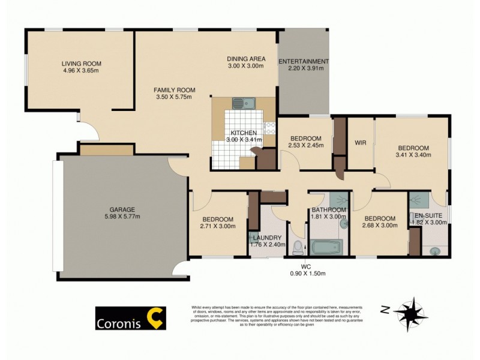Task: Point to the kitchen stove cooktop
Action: tap(269, 127)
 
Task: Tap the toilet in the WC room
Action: tap(298, 247)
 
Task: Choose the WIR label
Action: tap(361, 143)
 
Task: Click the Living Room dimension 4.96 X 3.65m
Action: tap(81, 70)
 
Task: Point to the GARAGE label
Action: tap(121, 210)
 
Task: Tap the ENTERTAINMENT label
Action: tap(304, 61)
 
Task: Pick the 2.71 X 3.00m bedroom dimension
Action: tap(218, 226)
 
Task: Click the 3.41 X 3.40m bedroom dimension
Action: tap(413, 155)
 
